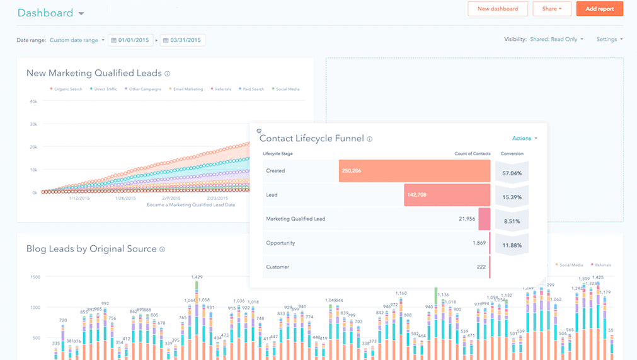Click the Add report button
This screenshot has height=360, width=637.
599,9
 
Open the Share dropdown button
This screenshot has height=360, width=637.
551,9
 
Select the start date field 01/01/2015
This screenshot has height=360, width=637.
131,40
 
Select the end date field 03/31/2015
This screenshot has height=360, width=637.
183,40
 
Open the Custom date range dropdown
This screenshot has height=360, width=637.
77,40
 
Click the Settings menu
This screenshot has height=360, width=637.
609,39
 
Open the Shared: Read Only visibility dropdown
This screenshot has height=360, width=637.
556,39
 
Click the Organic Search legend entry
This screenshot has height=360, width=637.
66,89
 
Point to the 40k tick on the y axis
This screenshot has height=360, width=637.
33,101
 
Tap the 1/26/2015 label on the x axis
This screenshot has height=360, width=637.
125,198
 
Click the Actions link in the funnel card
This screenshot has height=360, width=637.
524,138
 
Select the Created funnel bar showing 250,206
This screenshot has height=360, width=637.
414,171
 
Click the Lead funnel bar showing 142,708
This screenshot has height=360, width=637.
447,195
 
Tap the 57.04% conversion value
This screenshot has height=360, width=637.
511,171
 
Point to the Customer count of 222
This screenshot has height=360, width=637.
481,267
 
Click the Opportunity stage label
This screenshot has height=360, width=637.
280,243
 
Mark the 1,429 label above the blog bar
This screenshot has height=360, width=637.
197,277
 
